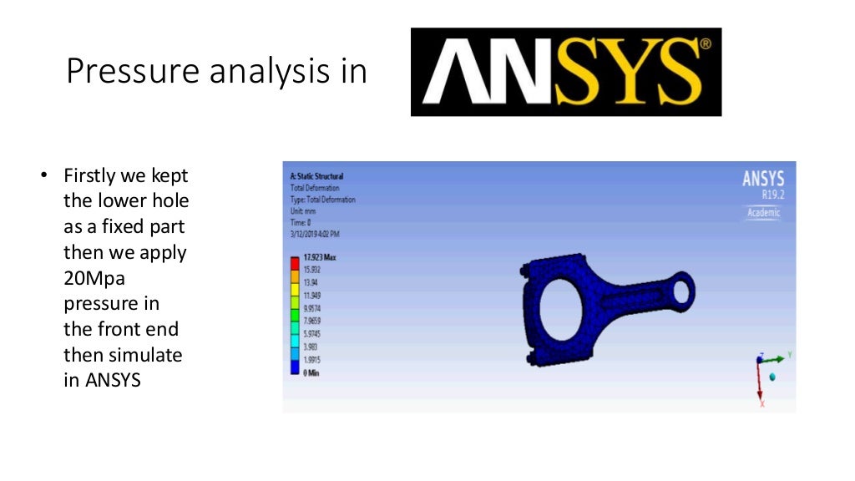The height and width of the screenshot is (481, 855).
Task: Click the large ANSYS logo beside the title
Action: click(x=565, y=72)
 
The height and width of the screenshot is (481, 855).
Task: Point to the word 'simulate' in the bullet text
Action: click(x=144, y=355)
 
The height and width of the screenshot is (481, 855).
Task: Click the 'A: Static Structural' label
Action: click(x=316, y=176)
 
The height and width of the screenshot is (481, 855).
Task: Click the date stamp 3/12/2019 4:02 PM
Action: click(x=321, y=235)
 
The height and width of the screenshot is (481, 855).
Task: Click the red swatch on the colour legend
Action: click(x=293, y=264)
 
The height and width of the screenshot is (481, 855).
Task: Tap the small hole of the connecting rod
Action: click(x=680, y=291)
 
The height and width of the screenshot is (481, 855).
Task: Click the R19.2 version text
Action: click(x=773, y=195)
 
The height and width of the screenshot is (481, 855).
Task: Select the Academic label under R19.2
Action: click(x=763, y=213)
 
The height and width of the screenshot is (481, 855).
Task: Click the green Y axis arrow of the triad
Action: click(x=777, y=358)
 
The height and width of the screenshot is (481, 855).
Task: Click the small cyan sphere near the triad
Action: click(x=772, y=377)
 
